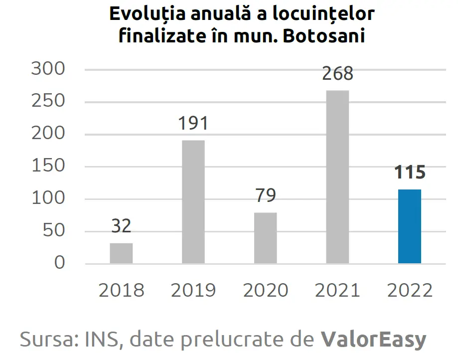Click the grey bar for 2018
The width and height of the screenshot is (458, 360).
tap(121, 253)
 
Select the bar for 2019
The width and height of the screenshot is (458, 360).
tap(193, 201)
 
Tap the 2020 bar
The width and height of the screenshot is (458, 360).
tap(266, 238)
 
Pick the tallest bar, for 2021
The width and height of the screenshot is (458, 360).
tap(337, 177)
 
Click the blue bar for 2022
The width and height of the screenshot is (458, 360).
tap(410, 226)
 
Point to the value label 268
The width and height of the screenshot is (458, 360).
tap(337, 74)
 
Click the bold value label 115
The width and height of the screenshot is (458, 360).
tap(410, 173)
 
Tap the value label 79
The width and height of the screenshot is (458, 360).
tap(266, 195)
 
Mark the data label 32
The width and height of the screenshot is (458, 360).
tap(121, 226)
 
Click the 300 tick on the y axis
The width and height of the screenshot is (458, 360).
tap(48, 69)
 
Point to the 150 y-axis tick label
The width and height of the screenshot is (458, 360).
tap(48, 166)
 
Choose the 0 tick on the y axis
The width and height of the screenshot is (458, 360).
tap(59, 263)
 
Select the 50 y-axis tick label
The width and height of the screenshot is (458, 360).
tap(54, 231)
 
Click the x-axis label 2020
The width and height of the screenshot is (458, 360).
tap(266, 290)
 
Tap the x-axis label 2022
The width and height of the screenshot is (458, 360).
tap(410, 290)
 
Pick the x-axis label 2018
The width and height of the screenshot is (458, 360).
tap(121, 290)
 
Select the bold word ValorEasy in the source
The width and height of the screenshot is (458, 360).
tap(373, 340)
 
